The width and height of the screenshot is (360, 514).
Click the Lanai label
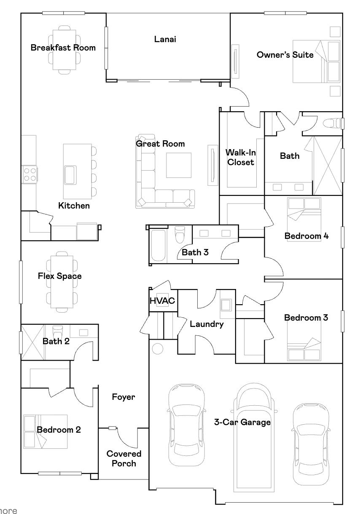pyautogui.click(x=164, y=40)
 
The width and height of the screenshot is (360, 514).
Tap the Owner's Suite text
pyautogui.click(x=285, y=55)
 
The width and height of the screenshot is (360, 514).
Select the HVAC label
pyautogui.click(x=162, y=301)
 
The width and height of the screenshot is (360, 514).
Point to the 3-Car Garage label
pyautogui.click(x=242, y=422)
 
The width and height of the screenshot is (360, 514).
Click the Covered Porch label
pyautogui.click(x=124, y=458)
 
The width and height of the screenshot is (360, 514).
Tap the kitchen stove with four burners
pyautogui.click(x=30, y=174)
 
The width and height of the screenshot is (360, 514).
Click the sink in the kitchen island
pyautogui.click(x=70, y=175)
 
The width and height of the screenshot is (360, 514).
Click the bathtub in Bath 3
pyautogui.click(x=159, y=246)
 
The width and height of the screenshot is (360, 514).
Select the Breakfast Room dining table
pyautogui.click(x=64, y=49)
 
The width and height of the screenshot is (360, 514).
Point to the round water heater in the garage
pyautogui.click(x=158, y=348)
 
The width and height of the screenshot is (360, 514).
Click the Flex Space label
pyautogui.click(x=59, y=276)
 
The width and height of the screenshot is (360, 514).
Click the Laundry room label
pyautogui.click(x=207, y=324)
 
